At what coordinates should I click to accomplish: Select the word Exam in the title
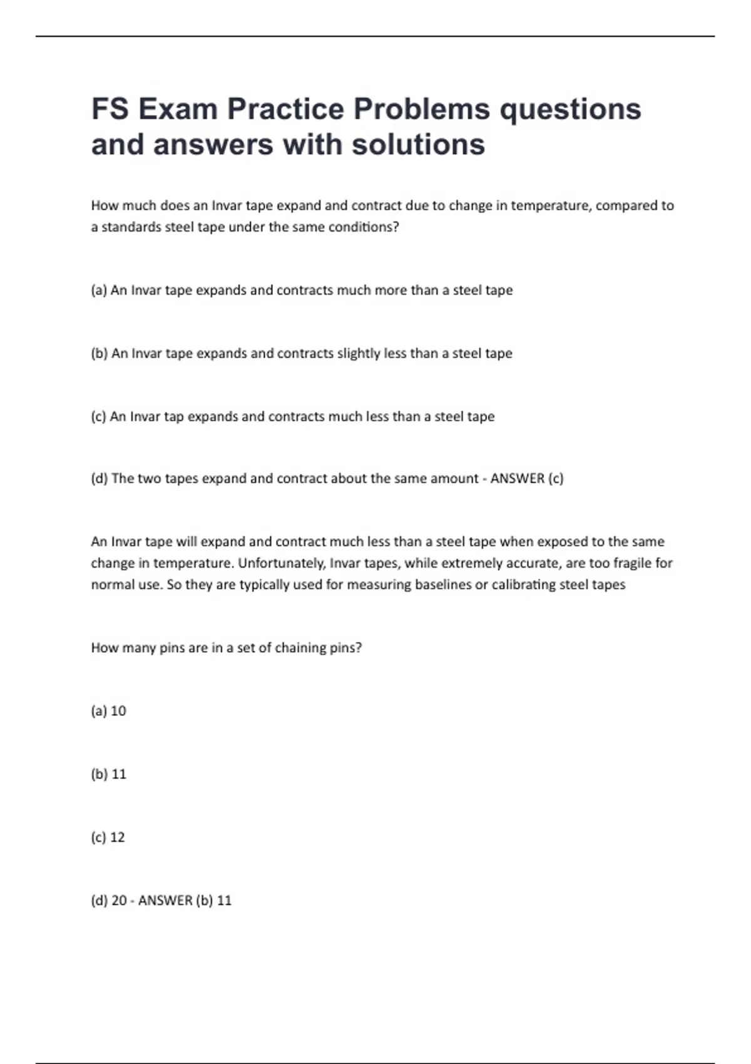[x=177, y=109]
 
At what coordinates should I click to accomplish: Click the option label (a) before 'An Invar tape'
[x=99, y=290]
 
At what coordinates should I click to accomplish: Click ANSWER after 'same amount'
[x=517, y=479]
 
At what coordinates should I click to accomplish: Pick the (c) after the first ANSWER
[x=556, y=479]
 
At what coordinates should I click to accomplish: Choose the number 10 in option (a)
[x=118, y=711]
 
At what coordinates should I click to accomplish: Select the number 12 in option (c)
[x=118, y=837]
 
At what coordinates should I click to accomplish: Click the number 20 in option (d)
[x=119, y=901]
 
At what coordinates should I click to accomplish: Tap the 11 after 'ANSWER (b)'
[x=224, y=901]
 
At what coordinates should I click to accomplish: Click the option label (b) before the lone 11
[x=100, y=774]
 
